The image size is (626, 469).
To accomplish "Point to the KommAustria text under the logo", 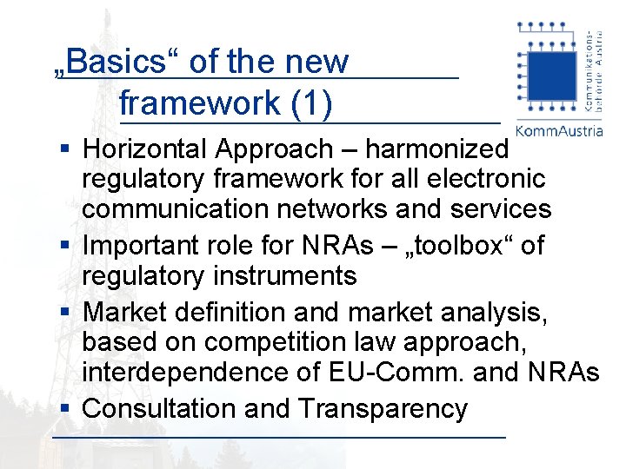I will pyautogui.click(x=559, y=131).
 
